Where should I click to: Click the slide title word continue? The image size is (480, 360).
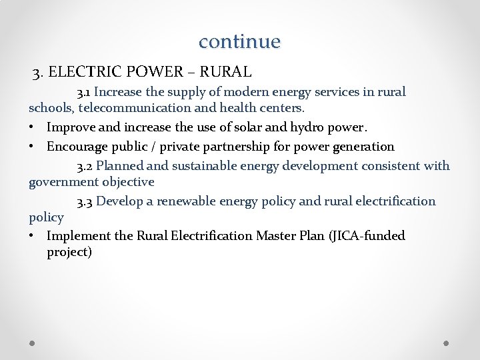click(x=240, y=41)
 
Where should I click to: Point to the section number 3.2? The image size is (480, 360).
click(x=86, y=166)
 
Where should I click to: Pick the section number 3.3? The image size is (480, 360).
click(x=86, y=201)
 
